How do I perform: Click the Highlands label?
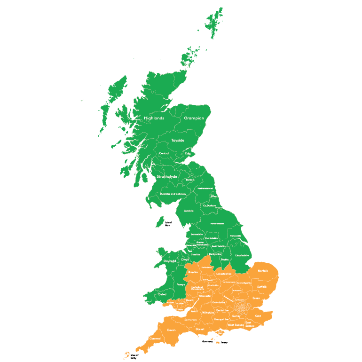[154, 118]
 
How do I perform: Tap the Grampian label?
[194, 118]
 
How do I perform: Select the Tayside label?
[178, 140]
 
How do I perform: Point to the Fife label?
[188, 154]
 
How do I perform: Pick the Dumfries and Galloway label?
[173, 194]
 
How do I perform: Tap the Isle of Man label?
[168, 224]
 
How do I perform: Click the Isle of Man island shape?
[160, 221]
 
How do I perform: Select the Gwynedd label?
[169, 261]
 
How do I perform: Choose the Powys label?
[181, 284]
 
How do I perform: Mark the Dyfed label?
[162, 294]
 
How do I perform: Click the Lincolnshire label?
[242, 255]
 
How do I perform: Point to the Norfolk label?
[263, 271]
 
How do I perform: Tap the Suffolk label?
[262, 286]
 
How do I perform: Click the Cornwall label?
[155, 338]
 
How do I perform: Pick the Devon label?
[171, 330]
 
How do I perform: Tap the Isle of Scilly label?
[134, 357]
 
